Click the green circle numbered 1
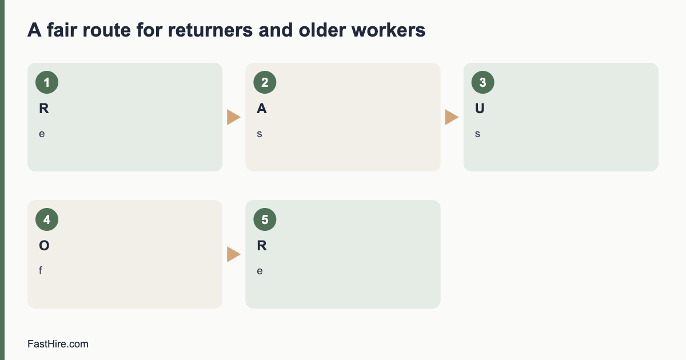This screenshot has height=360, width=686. tap(47, 82)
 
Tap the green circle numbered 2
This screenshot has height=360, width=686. tap(265, 82)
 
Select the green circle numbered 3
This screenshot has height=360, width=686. tap(483, 82)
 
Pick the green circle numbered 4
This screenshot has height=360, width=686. tap(47, 219)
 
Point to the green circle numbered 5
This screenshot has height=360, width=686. tap(265, 219)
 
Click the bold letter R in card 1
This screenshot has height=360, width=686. tap(44, 109)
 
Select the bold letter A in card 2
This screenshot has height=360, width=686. tap(262, 109)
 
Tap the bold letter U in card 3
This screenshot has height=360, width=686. tap(480, 109)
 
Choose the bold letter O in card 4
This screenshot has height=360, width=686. tap(44, 246)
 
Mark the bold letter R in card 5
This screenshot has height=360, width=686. tap(262, 246)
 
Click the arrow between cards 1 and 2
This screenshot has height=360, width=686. tap(234, 117)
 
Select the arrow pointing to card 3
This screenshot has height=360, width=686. tap(452, 117)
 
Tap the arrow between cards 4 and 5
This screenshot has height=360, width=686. tap(234, 254)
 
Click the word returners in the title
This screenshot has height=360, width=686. tap(210, 30)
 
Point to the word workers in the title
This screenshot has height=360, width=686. tap(388, 30)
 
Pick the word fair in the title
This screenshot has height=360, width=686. tap(61, 30)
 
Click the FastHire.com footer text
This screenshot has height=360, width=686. tap(58, 344)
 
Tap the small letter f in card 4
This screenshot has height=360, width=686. tap(41, 271)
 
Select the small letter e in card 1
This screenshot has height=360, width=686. tap(42, 134)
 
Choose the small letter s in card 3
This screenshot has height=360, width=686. tap(477, 134)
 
